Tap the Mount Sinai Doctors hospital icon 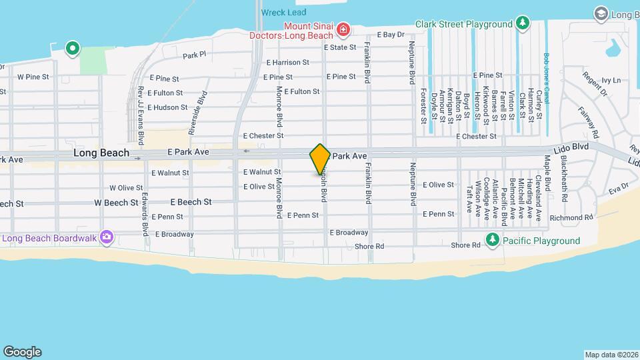[343, 29]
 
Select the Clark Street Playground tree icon [524, 24]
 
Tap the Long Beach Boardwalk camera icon [106, 237]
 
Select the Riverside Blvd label [198, 114]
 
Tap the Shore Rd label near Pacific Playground [465, 246]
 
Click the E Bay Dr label [391, 34]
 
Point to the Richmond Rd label [571, 217]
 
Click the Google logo [22, 352]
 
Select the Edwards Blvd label [145, 215]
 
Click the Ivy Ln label [611, 80]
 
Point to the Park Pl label [195, 55]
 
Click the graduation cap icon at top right [601, 13]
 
